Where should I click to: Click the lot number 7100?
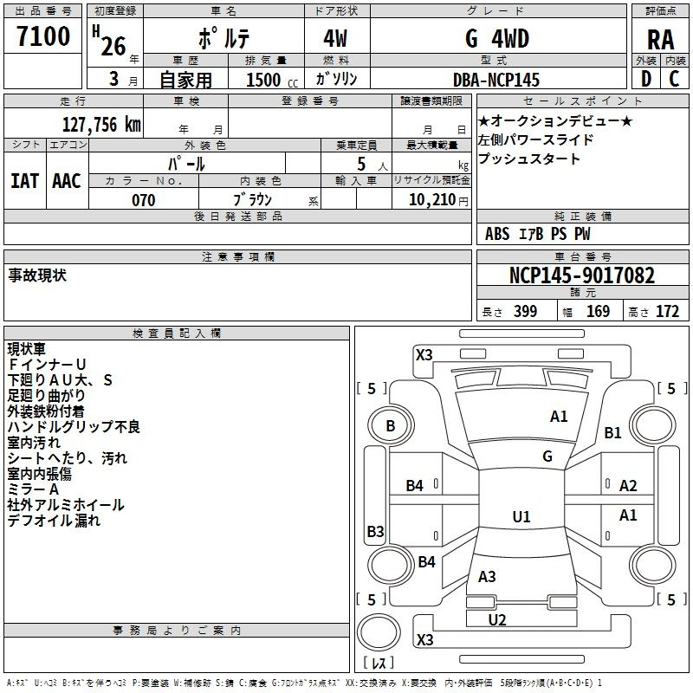tap(43, 36)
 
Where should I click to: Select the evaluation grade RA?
tap(660, 40)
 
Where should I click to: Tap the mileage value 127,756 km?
tap(101, 124)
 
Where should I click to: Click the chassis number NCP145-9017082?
tap(582, 275)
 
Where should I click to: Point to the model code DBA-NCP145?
tap(496, 80)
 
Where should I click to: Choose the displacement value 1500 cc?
tap(271, 80)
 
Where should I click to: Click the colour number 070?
tap(144, 200)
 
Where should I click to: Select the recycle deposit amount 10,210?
tap(432, 200)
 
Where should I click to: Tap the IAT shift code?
tap(24, 181)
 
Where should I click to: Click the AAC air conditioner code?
tap(67, 181)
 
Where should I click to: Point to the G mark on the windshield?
tap(547, 456)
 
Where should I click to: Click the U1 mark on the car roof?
tap(521, 516)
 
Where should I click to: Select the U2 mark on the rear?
tap(497, 620)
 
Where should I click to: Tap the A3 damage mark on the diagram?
tap(487, 576)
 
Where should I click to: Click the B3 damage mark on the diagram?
tap(376, 531)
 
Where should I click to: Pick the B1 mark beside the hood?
tap(613, 432)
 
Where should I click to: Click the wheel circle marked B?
tap(391, 425)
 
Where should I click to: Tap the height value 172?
tap(667, 311)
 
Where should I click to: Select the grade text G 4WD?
tap(497, 39)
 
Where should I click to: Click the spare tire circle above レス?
tap(379, 632)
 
